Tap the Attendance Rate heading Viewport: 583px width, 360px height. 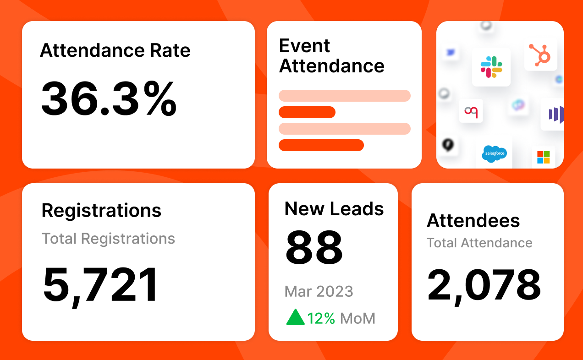tap(115, 50)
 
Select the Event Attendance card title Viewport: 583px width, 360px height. tap(331, 56)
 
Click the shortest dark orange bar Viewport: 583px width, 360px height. tap(307, 112)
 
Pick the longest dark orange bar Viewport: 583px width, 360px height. tap(321, 145)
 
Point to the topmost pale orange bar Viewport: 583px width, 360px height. tap(344, 96)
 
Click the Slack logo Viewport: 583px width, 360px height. tap(491, 67)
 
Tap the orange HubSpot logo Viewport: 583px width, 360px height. tap(540, 54)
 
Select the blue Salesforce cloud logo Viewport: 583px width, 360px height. tap(495, 153)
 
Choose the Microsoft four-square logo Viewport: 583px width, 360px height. tap(543, 157)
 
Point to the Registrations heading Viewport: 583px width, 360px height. tap(101, 210)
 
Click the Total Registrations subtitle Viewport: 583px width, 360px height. tap(108, 239)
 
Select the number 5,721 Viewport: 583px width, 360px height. tap(101, 285)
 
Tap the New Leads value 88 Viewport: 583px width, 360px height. tap(314, 248)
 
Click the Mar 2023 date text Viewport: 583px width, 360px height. tap(319, 291)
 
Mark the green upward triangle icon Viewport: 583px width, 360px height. tap(295, 317)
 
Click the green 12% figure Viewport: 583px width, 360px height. tap(321, 318)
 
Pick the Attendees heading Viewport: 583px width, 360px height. tap(473, 221)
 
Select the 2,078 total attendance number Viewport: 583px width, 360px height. tap(484, 284)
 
